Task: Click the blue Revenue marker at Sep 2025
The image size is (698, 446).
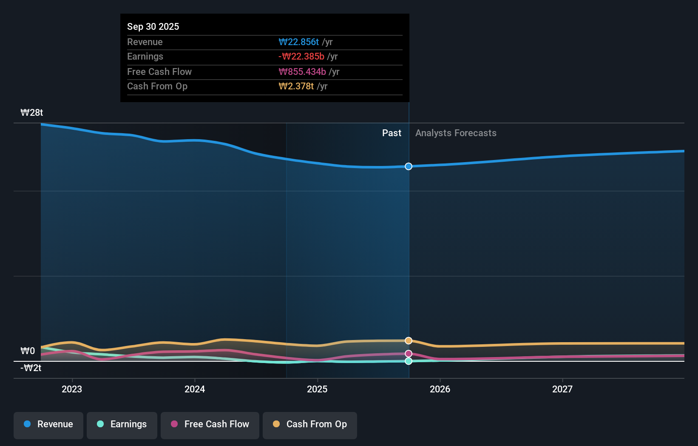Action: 409,166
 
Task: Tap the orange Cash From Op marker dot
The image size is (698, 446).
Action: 409,340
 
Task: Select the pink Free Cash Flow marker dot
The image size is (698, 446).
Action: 409,354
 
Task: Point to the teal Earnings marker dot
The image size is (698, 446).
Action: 409,361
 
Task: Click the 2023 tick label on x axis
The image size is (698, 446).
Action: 72,389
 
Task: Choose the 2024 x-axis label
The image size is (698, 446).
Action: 195,389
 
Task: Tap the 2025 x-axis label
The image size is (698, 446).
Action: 317,389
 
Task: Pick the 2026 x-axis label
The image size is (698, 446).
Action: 440,389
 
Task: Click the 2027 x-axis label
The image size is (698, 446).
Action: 562,389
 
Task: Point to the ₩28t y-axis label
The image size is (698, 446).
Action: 32,113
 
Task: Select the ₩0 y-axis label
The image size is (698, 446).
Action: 28,351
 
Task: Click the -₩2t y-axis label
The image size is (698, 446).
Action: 31,368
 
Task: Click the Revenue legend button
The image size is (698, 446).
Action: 48,425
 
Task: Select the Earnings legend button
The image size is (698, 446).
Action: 122,425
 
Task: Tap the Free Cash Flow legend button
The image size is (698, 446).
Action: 210,425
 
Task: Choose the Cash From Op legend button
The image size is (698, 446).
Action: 310,425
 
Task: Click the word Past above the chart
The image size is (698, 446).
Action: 392,133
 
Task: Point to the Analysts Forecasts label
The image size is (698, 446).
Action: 456,133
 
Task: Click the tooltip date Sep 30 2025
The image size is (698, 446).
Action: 153,26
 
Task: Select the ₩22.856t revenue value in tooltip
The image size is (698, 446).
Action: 299,42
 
